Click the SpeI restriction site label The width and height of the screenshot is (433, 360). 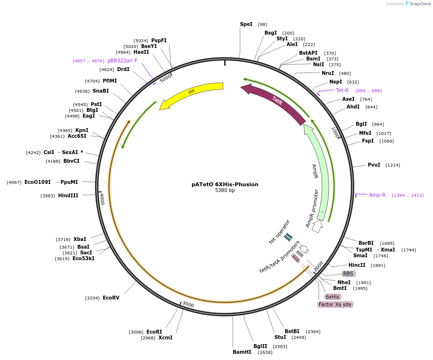[x=246, y=24]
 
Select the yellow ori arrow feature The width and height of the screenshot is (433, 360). [x=192, y=94]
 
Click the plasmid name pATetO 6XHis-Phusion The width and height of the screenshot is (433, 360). [x=225, y=184]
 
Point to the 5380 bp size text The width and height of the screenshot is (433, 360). [x=225, y=191]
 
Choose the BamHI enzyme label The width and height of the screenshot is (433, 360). [x=242, y=352]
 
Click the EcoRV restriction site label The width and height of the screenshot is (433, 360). [x=111, y=298]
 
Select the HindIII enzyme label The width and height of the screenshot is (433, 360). [x=68, y=195]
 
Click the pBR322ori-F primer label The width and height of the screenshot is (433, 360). [x=122, y=60]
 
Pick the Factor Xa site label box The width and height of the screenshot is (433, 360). [x=335, y=304]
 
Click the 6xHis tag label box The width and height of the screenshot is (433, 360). [x=333, y=297]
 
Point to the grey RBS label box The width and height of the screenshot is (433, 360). [x=349, y=274]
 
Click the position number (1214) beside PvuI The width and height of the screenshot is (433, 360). [x=392, y=165]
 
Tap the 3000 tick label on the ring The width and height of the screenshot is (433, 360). [x=188, y=305]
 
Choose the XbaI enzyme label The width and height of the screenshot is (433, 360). [x=80, y=239]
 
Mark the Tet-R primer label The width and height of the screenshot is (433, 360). [x=342, y=90]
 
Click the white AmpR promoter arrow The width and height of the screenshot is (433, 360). [x=317, y=227]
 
